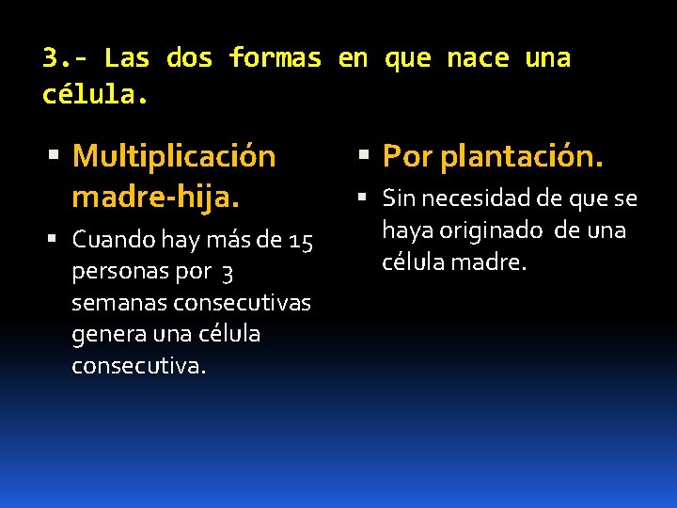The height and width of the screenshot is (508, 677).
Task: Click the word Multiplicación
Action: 174,156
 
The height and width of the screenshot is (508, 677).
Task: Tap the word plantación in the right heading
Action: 522,156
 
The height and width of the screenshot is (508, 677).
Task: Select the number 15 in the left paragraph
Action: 301,241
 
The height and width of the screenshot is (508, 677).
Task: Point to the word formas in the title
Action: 275,58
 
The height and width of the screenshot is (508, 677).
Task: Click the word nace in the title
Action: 477,58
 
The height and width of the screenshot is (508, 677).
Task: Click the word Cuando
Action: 114,240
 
